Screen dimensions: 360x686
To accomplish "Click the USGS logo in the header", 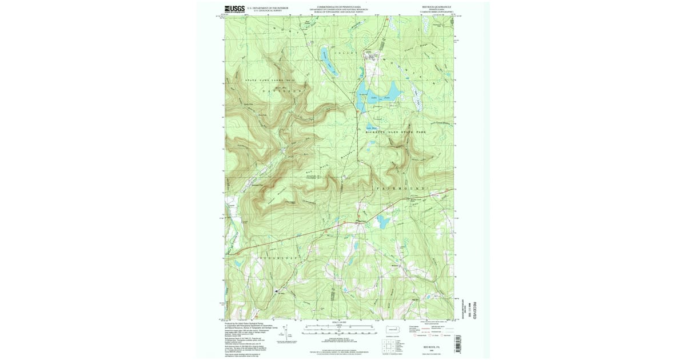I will tap(234, 9).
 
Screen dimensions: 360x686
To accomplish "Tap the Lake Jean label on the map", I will tap(376, 98).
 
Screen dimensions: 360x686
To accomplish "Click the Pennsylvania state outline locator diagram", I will tap(393, 330).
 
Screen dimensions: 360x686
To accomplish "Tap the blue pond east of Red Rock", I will tap(382, 221).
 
